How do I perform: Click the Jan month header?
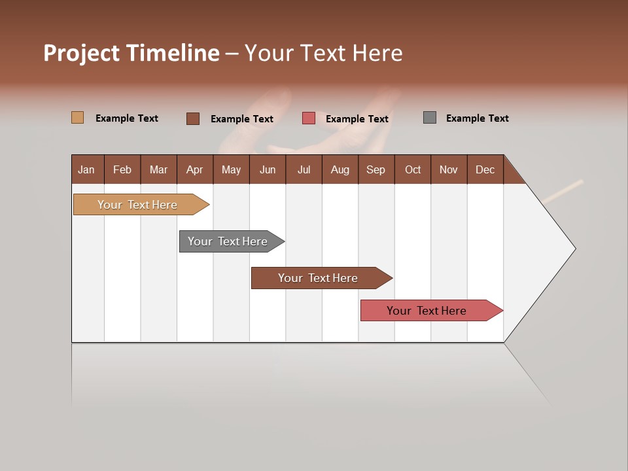(x=87, y=169)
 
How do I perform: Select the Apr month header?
(x=195, y=169)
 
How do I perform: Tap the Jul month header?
(x=304, y=169)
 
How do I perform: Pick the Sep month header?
(x=375, y=169)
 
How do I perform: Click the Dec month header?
(x=485, y=169)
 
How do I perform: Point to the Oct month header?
(x=413, y=169)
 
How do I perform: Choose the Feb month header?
(x=122, y=169)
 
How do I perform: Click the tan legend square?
(x=77, y=118)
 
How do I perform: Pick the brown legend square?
(x=193, y=118)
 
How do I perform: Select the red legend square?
(x=309, y=118)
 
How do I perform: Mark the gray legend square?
(x=430, y=118)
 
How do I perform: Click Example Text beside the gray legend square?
(x=477, y=118)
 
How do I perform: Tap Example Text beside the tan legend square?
(x=127, y=118)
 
